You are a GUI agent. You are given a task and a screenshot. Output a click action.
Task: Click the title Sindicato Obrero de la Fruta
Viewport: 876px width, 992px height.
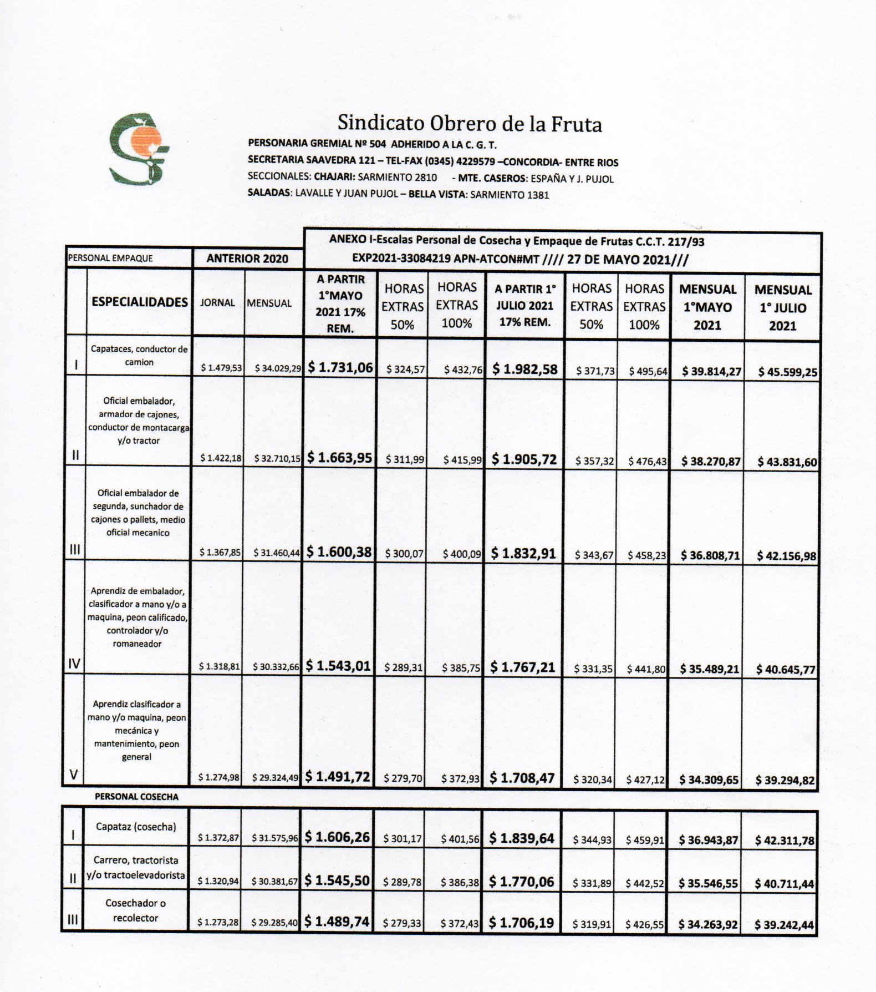click(x=470, y=123)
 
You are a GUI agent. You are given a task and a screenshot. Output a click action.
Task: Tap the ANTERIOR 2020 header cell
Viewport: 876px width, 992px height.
click(x=247, y=259)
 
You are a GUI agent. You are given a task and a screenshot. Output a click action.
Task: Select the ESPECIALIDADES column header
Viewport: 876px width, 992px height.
click(x=140, y=302)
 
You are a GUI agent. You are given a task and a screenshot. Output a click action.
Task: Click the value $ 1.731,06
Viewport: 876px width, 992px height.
click(x=340, y=367)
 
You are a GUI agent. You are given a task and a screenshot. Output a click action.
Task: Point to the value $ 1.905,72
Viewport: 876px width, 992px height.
click(x=523, y=459)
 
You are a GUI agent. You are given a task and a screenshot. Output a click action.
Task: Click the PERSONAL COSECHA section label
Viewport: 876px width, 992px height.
click(x=136, y=797)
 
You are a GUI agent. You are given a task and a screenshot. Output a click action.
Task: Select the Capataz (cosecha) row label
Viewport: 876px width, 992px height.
click(x=136, y=827)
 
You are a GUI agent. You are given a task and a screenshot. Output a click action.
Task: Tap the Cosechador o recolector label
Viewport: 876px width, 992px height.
click(x=136, y=910)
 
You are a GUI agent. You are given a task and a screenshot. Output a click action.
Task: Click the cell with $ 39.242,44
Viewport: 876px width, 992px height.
click(x=785, y=925)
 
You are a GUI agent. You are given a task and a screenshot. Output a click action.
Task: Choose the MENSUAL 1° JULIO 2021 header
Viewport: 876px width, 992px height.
click(x=782, y=307)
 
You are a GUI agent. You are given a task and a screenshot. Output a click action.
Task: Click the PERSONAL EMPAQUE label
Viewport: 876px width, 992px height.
click(x=110, y=258)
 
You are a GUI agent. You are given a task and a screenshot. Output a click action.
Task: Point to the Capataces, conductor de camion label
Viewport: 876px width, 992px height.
click(x=139, y=356)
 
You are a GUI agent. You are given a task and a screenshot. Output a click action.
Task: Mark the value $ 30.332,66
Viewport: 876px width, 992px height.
click(x=276, y=667)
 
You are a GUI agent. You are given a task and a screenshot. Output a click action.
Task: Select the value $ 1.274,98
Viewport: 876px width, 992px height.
click(x=219, y=778)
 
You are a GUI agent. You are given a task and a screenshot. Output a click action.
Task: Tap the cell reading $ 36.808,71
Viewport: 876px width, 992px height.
click(x=710, y=555)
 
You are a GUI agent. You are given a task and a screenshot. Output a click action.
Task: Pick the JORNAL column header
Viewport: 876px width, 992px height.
click(x=217, y=303)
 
